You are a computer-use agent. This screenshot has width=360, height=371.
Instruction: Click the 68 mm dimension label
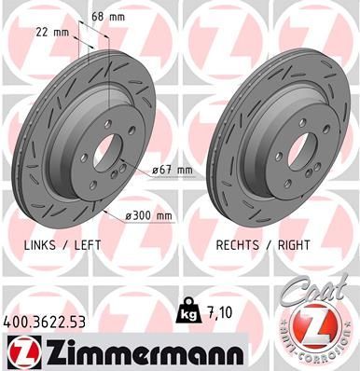[x=108, y=17]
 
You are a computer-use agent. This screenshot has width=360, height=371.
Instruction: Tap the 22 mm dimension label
[x=52, y=32]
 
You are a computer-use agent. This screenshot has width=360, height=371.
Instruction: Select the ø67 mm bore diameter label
[x=173, y=171]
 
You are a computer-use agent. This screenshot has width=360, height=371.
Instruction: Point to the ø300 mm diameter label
[x=148, y=215]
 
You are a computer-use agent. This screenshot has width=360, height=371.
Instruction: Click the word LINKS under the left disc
[x=40, y=245]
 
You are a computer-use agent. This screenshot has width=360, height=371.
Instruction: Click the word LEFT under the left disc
[x=88, y=245]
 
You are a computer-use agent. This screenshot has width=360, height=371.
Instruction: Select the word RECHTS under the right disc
[x=238, y=245]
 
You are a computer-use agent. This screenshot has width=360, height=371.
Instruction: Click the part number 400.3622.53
[x=44, y=322]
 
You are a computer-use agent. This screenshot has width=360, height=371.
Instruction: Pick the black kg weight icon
[x=187, y=310]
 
